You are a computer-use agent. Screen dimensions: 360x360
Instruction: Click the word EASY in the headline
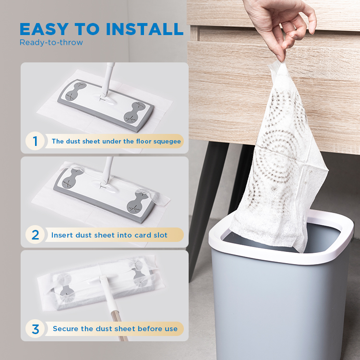click(44, 29)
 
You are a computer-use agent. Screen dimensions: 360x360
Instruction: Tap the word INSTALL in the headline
click(144, 29)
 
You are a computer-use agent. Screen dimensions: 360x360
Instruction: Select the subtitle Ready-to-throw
click(51, 42)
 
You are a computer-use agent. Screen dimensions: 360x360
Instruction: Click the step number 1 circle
click(35, 141)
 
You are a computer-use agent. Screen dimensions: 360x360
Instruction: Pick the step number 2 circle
click(35, 235)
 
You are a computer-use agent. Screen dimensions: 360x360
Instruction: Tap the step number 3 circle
click(35, 328)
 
